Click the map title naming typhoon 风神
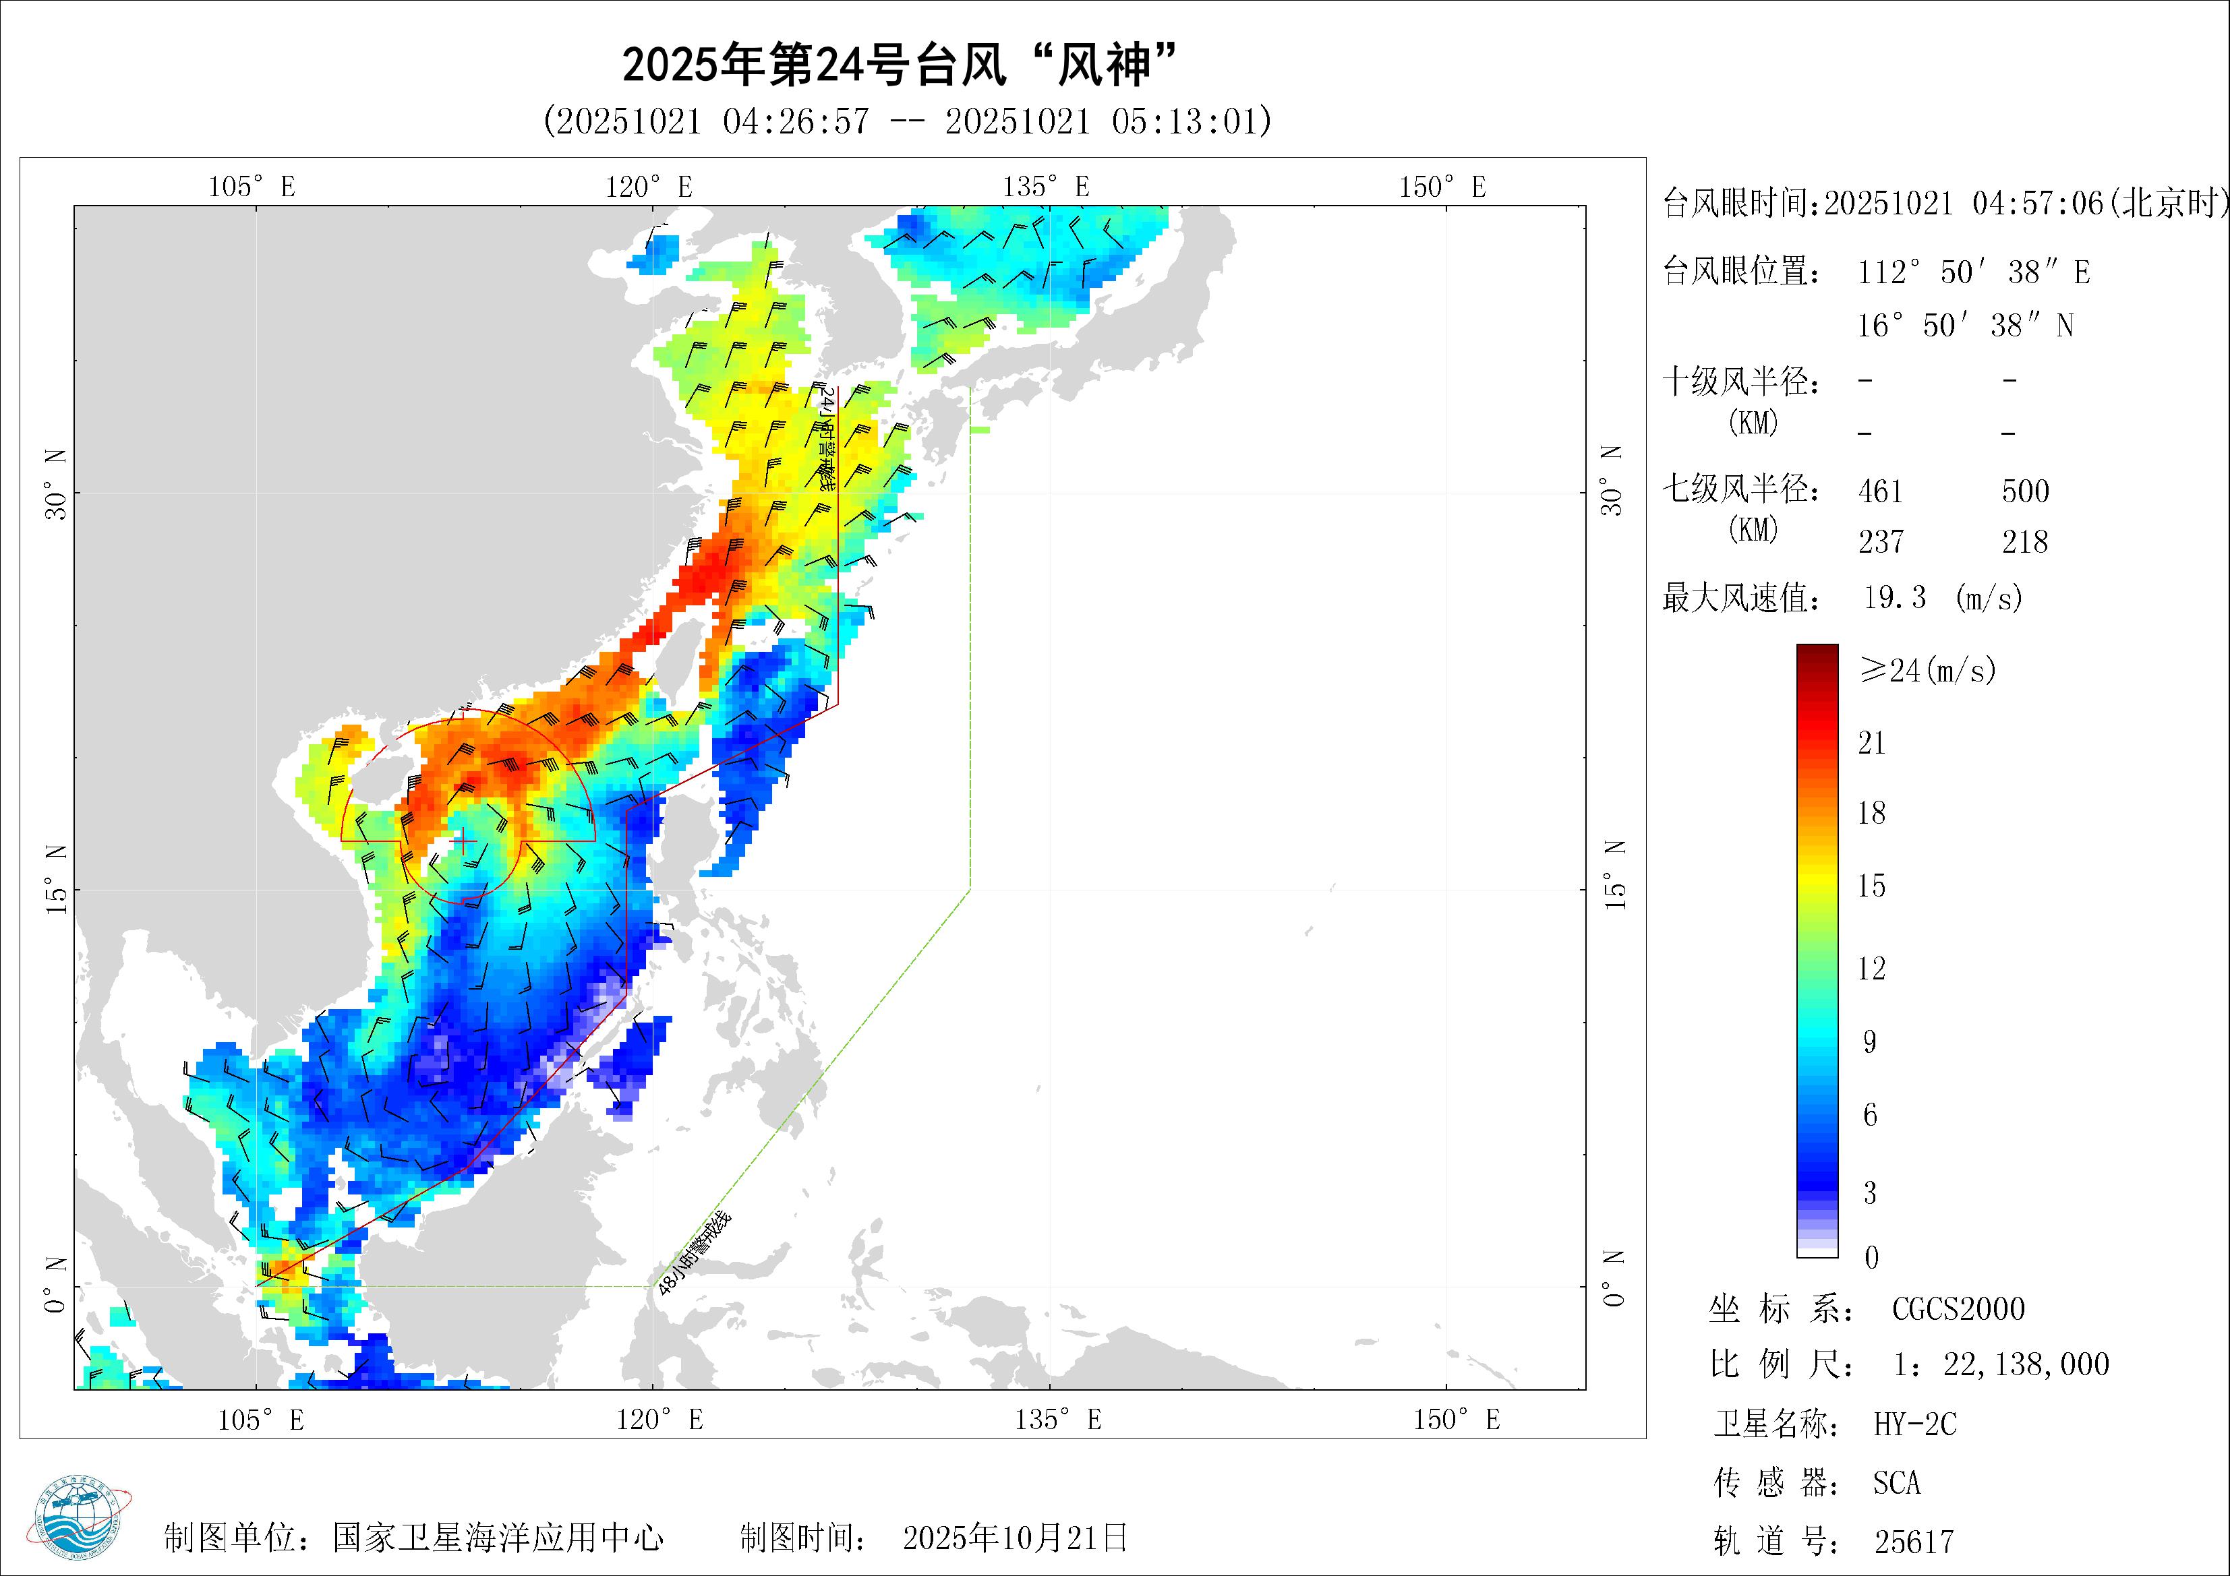[x=900, y=66]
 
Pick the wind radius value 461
[x=1880, y=491]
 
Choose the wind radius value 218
[x=2025, y=542]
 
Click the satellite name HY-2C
[x=1915, y=1424]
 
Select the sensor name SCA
[x=1897, y=1483]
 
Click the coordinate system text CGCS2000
[x=1958, y=1309]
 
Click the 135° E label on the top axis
[x=1046, y=187]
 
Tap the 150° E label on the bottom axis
[x=1456, y=1420]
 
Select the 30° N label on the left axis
[x=57, y=483]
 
